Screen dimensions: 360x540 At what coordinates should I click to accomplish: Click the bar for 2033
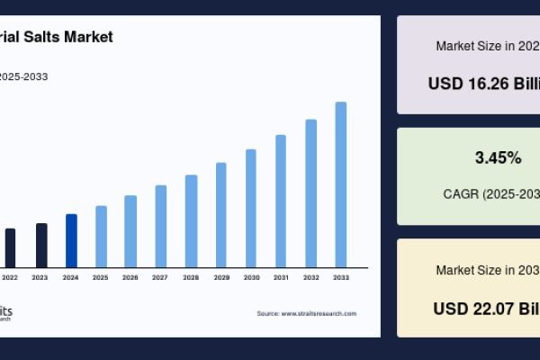341,184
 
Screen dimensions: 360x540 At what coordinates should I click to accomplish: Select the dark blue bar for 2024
71,240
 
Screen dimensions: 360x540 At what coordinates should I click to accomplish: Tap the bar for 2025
101,236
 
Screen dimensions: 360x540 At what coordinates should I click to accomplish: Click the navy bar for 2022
11,247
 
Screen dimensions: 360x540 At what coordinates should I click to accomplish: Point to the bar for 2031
281,201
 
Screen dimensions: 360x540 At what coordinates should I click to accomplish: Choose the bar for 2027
161,226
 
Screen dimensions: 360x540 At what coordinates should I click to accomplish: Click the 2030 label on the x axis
251,278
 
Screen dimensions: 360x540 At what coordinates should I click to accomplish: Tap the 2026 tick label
130,278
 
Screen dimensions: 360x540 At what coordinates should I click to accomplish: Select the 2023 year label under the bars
40,278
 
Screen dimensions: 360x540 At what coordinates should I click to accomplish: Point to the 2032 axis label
310,278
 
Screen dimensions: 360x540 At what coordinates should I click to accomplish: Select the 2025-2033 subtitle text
23,76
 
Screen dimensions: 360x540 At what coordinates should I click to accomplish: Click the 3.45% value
498,158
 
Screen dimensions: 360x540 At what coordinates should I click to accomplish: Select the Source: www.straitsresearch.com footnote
306,313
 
